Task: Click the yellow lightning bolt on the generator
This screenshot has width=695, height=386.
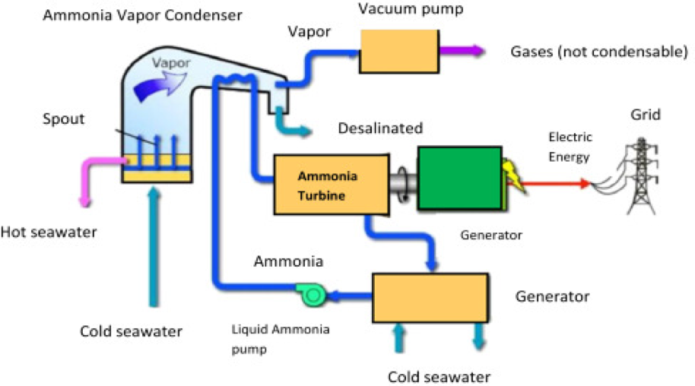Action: [510, 175]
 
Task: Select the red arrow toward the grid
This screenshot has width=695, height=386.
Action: [554, 183]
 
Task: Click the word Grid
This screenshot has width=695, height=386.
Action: [645, 115]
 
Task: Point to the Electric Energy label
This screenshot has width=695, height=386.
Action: [570, 146]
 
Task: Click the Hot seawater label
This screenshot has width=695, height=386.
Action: [49, 232]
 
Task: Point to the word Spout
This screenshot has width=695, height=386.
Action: [64, 121]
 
